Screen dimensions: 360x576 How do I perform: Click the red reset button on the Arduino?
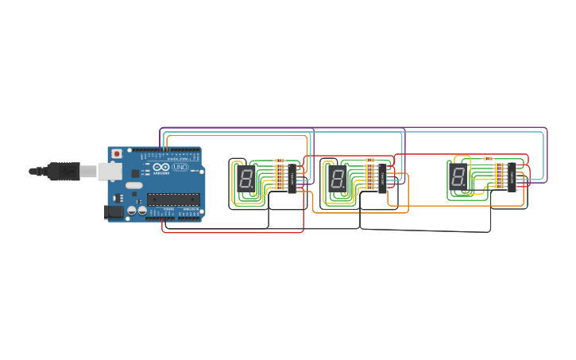pyautogui.click(x=117, y=153)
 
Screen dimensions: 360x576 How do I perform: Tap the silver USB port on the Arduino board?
pyautogui.click(x=107, y=170)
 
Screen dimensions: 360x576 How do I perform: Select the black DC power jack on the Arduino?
pyautogui.click(x=114, y=212)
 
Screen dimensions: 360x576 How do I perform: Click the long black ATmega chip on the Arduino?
pyautogui.click(x=172, y=199)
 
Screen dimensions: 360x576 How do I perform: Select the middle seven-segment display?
pyautogui.click(x=338, y=179)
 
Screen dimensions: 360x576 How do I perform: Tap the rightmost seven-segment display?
pyautogui.click(x=458, y=176)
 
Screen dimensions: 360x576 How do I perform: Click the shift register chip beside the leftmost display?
pyautogui.click(x=292, y=180)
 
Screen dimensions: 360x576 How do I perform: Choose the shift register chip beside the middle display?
pyautogui.click(x=382, y=180)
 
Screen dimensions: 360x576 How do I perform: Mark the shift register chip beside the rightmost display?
pyautogui.click(x=512, y=177)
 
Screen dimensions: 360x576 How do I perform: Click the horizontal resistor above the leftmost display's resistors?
pyautogui.click(x=279, y=161)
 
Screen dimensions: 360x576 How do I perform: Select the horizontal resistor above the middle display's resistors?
pyautogui.click(x=369, y=160)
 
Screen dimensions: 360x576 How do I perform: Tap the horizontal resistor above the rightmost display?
pyautogui.click(x=487, y=158)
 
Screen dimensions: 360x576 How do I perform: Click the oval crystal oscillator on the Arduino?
pyautogui.click(x=133, y=186)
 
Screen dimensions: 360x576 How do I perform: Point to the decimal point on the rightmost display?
pyautogui.click(x=467, y=186)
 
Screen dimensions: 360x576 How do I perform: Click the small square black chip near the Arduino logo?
pyautogui.click(x=136, y=172)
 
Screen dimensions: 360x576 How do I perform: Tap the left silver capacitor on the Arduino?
pyautogui.click(x=130, y=212)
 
